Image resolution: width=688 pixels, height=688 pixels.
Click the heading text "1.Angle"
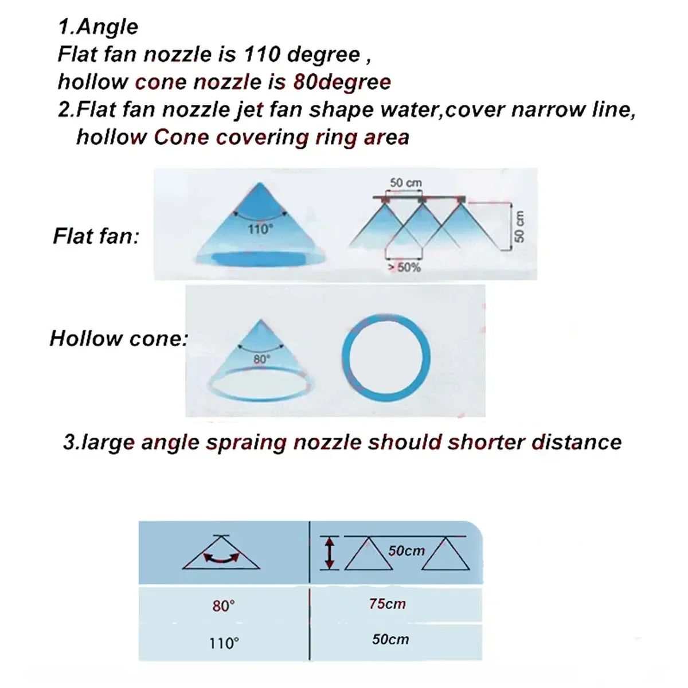pyautogui.click(x=98, y=27)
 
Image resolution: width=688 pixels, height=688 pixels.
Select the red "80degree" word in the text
pyautogui.click(x=342, y=83)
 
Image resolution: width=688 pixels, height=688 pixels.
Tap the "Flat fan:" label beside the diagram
pyautogui.click(x=96, y=236)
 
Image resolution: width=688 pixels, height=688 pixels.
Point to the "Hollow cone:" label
pyautogui.click(x=119, y=338)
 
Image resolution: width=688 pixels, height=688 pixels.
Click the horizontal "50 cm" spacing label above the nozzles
pyautogui.click(x=405, y=183)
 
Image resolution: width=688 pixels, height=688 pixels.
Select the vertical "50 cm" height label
pyautogui.click(x=520, y=226)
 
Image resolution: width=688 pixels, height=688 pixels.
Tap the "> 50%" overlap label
pyautogui.click(x=405, y=267)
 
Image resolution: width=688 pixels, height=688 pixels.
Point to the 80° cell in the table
pyautogui.click(x=224, y=606)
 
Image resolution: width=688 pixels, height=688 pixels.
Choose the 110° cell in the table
pyautogui.click(x=224, y=643)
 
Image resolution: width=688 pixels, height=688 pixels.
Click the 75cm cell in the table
pyautogui.click(x=388, y=604)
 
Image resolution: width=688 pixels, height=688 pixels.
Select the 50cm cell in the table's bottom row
pyautogui.click(x=390, y=639)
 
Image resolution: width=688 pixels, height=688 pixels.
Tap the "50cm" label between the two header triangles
pyautogui.click(x=406, y=550)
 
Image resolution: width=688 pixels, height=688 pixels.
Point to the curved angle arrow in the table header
pyautogui.click(x=221, y=560)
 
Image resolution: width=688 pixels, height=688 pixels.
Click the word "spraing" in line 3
pyautogui.click(x=247, y=443)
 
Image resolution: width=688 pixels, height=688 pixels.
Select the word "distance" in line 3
pyautogui.click(x=577, y=442)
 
